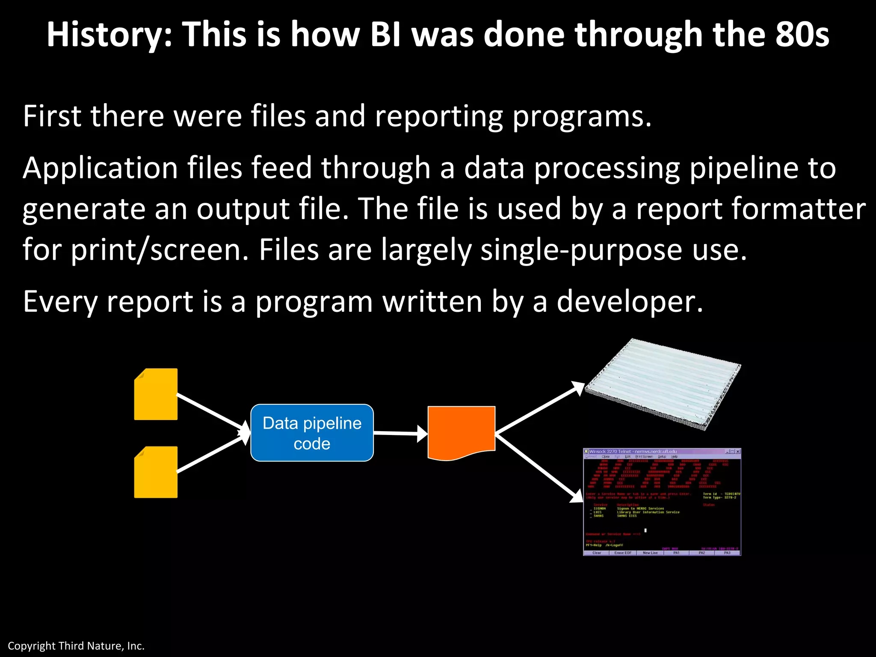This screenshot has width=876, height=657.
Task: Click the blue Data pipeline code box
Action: click(312, 433)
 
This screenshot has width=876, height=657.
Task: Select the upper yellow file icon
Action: click(156, 394)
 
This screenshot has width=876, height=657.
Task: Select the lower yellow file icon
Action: click(156, 472)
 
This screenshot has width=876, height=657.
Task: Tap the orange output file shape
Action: click(461, 432)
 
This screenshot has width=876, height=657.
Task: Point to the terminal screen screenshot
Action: click(662, 502)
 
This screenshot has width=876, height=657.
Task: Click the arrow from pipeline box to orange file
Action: click(400, 433)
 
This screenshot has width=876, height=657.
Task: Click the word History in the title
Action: click(109, 35)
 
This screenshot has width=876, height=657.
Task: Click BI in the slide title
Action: click(385, 35)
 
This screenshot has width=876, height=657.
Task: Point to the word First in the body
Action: click(52, 116)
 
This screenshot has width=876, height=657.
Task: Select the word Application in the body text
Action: click(100, 168)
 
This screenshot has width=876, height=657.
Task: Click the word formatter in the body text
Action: click(798, 209)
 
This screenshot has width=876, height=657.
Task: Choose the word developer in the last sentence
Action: click(629, 302)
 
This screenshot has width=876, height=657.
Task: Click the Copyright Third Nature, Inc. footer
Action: click(76, 646)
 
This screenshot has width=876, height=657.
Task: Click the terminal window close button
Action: click(738, 451)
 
